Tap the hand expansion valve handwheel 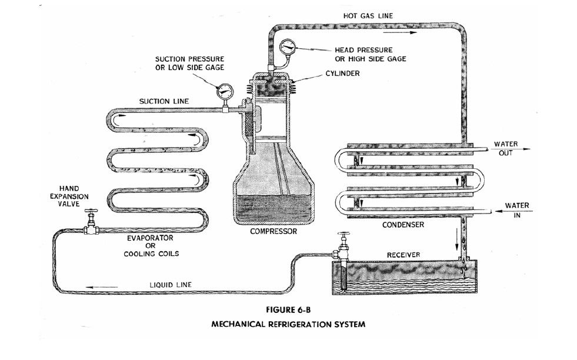[x=90, y=212]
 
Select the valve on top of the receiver [x=343, y=238]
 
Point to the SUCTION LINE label [x=164, y=101]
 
